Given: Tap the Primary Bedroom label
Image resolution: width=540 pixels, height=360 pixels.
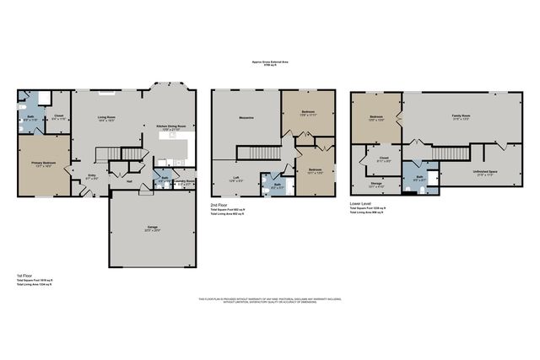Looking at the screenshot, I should click(42, 164).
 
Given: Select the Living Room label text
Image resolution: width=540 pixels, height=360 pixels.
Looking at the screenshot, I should click(107, 117).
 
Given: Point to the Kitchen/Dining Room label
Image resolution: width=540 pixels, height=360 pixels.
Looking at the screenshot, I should click(170, 127).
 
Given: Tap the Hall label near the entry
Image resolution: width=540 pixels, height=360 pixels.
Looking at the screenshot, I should click(129, 180).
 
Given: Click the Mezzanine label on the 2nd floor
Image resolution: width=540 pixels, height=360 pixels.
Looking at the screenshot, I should click(246, 117).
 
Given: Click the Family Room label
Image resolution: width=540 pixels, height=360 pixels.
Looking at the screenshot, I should click(460, 116).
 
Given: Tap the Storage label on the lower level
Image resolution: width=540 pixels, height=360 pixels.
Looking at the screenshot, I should click(375, 183).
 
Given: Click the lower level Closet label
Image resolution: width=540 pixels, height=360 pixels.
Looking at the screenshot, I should click(384, 158).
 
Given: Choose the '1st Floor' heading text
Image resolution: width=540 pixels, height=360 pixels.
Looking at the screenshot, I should click(24, 275).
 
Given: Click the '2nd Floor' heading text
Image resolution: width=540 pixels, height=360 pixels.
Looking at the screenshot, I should click(219, 204).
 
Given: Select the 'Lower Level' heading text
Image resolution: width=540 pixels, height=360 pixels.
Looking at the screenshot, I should click(360, 203).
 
